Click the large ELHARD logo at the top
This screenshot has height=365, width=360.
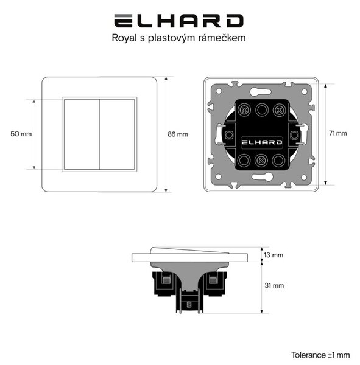[179, 21]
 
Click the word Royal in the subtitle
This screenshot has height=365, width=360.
[124, 38]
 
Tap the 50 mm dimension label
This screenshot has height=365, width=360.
[21, 134]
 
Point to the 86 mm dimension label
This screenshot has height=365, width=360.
[178, 134]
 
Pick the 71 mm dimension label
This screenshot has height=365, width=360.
[337, 133]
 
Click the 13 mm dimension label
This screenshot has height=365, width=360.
[274, 255]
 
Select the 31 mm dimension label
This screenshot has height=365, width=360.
[274, 285]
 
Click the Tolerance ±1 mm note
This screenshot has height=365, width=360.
[320, 355]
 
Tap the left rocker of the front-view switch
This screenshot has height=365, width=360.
[82, 134]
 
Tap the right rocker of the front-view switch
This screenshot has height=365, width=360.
[117, 134]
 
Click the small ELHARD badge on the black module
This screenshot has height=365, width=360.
[261, 142]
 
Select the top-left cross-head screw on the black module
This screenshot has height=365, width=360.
[244, 110]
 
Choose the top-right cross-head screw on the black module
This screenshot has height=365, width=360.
[279, 110]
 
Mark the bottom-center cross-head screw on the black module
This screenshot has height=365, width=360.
[261, 160]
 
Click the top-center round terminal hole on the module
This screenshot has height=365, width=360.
[262, 109]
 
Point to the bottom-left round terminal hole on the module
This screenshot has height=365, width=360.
[244, 160]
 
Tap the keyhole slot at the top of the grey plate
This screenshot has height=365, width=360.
[261, 91]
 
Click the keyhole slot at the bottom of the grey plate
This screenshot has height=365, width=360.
[263, 177]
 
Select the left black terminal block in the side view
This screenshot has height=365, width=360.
[164, 283]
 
